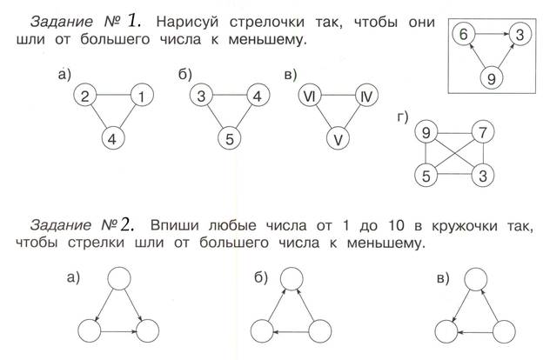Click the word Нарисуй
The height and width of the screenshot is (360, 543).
tap(187, 22)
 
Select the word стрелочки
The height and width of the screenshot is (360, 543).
tap(267, 22)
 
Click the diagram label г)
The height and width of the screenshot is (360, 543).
tap(403, 117)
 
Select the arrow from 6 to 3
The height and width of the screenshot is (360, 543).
tap(493, 34)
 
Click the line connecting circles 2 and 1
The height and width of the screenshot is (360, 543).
tap(114, 95)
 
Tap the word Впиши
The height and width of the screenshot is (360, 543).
tap(175, 225)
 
